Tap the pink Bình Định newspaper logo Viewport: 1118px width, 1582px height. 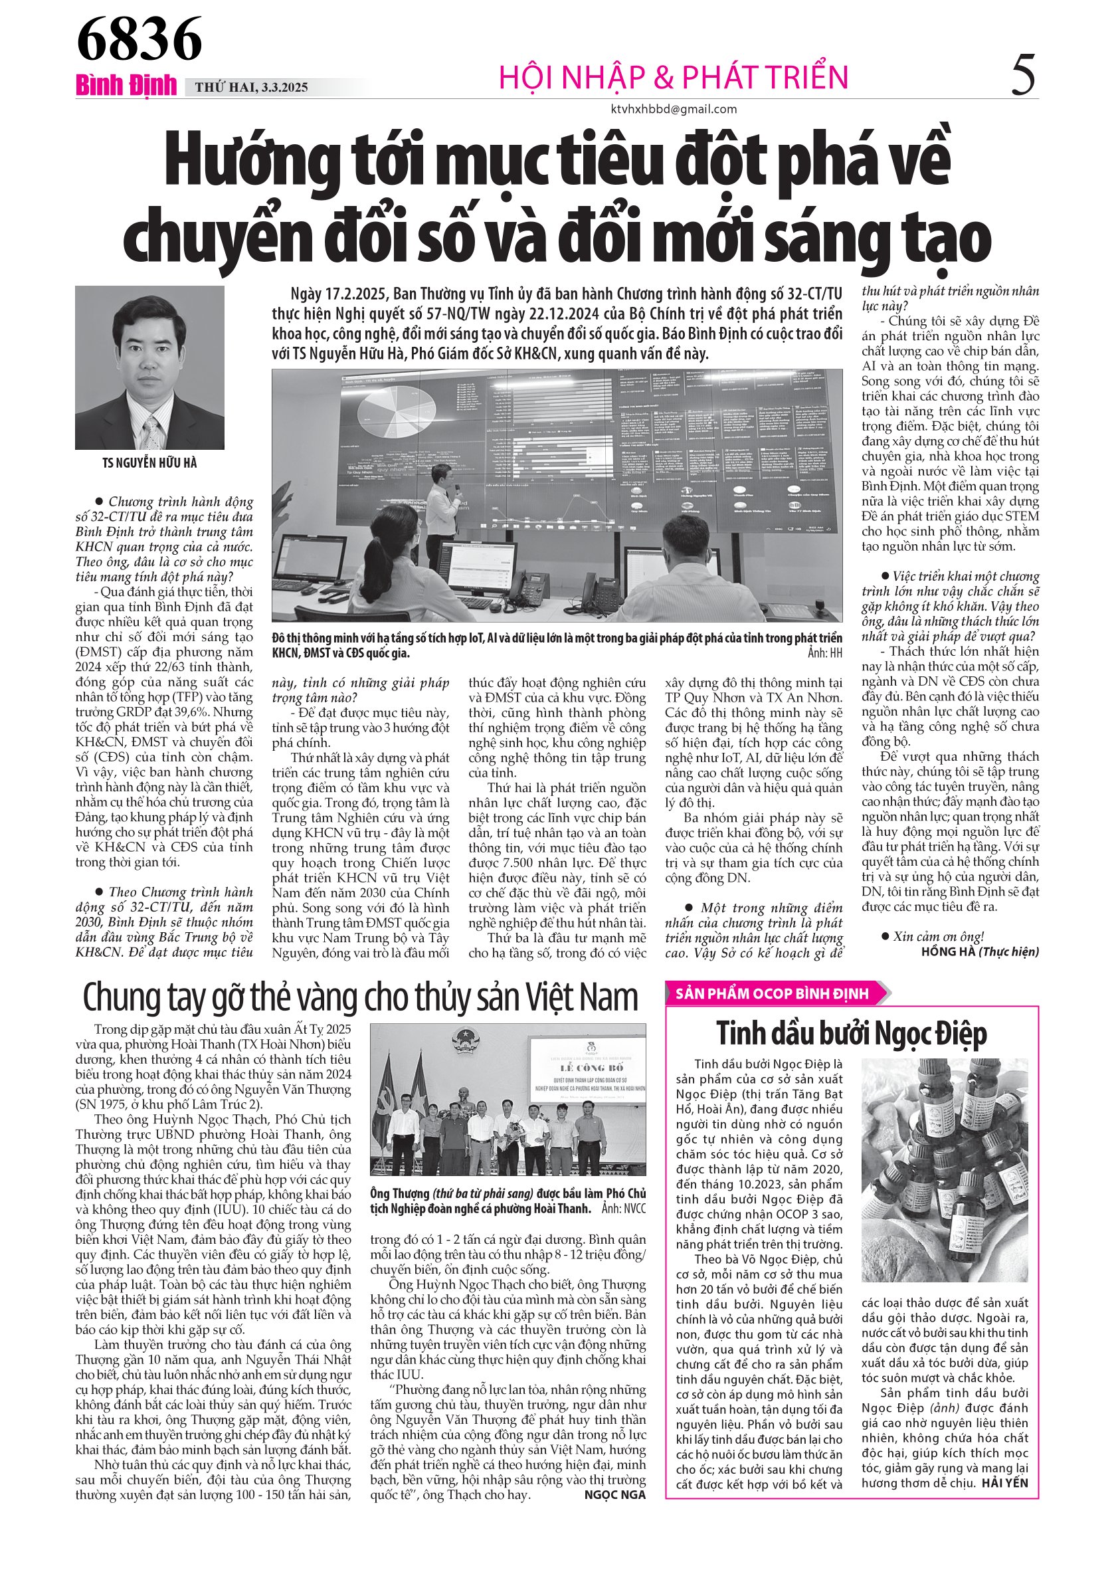126,85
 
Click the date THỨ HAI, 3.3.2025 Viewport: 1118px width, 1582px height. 251,88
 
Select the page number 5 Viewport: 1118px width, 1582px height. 1022,75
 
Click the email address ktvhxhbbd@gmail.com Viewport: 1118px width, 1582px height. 673,109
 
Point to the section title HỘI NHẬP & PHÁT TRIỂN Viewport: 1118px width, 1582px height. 673,77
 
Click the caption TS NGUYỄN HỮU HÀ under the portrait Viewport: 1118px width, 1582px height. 149,463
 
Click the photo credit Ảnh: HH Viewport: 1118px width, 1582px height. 824,652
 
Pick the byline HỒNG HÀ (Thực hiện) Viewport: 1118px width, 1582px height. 980,951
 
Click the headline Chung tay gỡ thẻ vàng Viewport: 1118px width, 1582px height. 360,997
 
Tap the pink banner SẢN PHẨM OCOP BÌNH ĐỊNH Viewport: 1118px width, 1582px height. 772,993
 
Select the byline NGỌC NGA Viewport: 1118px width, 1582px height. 614,1494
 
